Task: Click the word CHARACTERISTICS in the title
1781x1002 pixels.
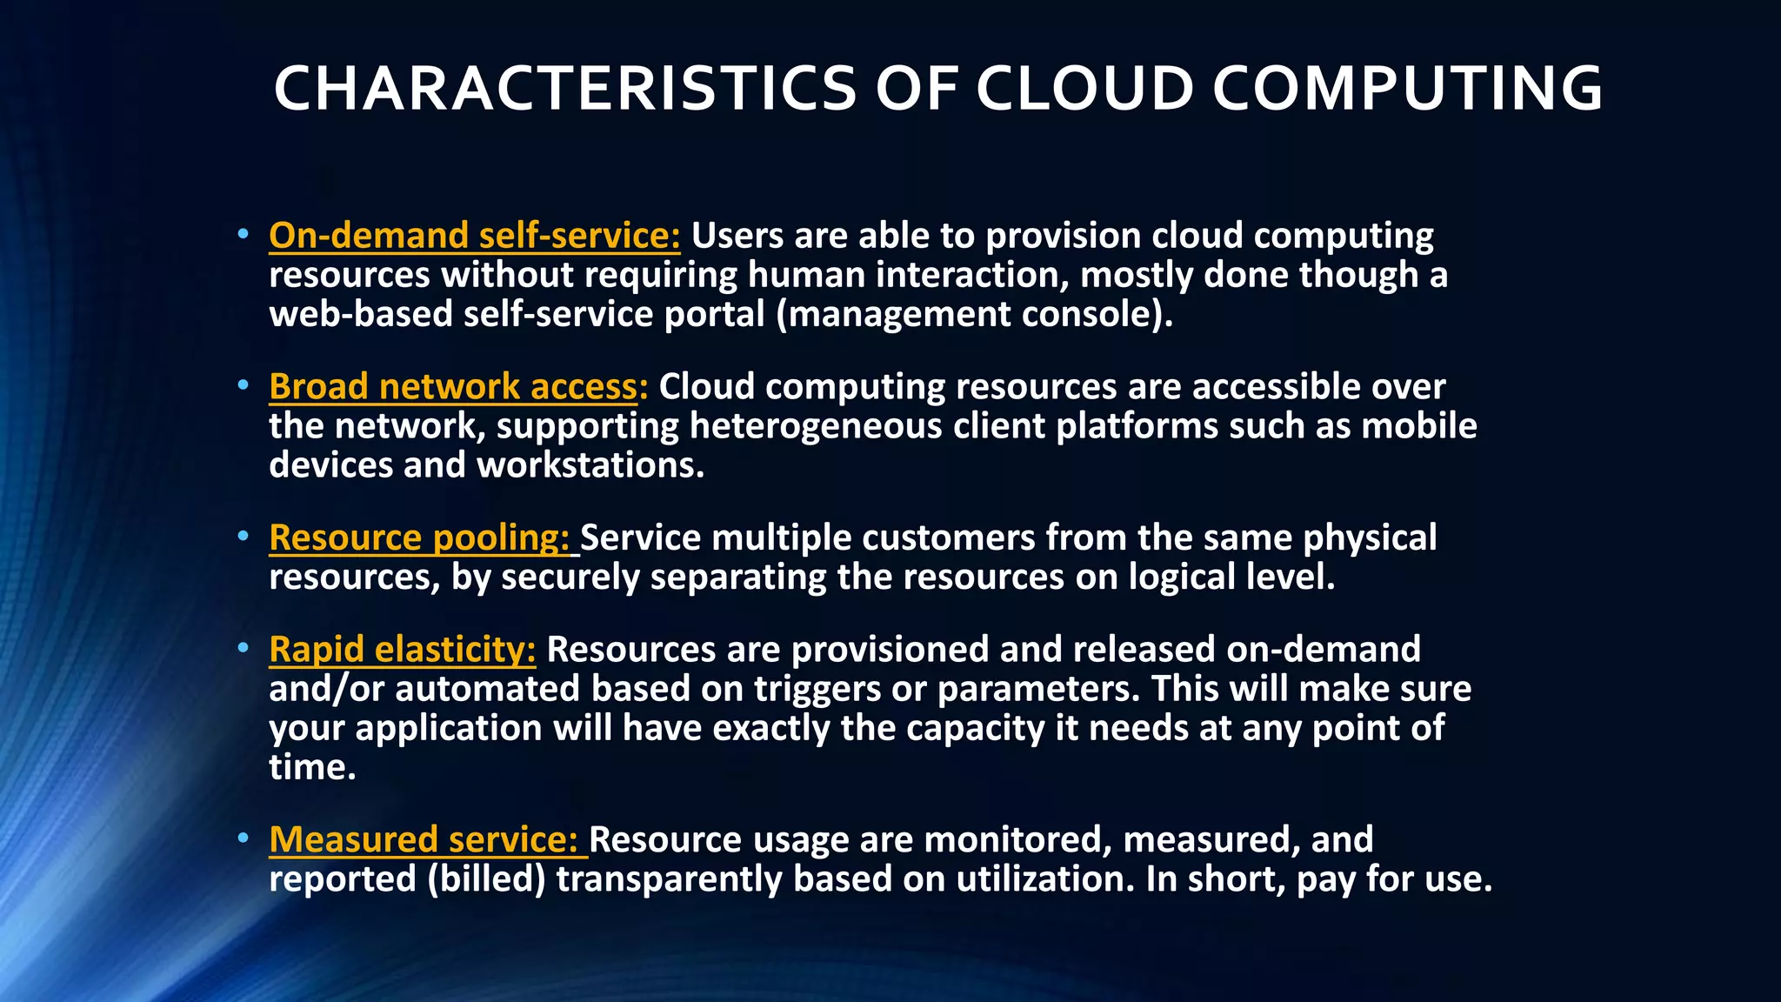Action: pos(565,89)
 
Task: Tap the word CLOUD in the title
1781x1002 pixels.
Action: pos(1084,89)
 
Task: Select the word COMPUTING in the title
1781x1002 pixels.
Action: pos(1407,89)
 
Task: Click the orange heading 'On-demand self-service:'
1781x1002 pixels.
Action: pos(475,236)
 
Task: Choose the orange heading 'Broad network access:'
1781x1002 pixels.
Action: pos(458,386)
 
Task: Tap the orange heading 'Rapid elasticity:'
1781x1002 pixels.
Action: pos(403,650)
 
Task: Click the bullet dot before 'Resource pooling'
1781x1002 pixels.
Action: pos(243,537)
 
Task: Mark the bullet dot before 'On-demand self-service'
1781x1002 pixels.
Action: pos(243,235)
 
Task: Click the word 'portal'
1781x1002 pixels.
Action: pos(714,314)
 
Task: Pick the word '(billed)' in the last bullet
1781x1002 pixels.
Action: pos(486,879)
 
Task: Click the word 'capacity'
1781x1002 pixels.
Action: pos(975,728)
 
